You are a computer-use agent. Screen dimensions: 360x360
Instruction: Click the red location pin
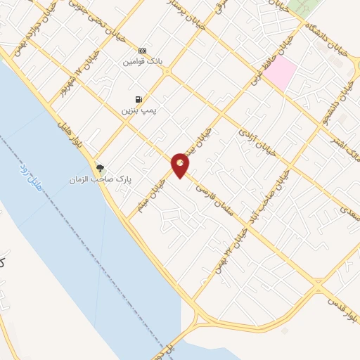click(181, 165)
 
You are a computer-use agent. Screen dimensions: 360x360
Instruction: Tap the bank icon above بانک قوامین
click(142, 51)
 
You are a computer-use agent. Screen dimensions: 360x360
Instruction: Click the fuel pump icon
click(138, 99)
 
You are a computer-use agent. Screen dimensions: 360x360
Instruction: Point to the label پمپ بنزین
click(136, 110)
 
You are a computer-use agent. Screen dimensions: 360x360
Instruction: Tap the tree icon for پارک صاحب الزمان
click(101, 167)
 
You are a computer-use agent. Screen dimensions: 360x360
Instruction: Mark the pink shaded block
click(280, 73)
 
